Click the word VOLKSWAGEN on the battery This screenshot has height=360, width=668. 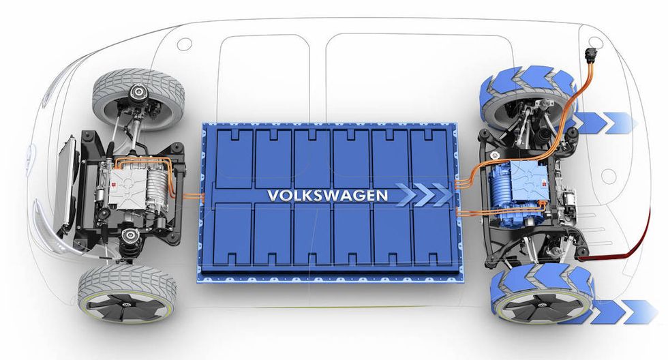coord(328,195)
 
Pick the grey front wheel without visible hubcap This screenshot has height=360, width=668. coord(138,99)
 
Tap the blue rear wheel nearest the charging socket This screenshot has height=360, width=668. coord(528,99)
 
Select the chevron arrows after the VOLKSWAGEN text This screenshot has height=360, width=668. coord(423,195)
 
